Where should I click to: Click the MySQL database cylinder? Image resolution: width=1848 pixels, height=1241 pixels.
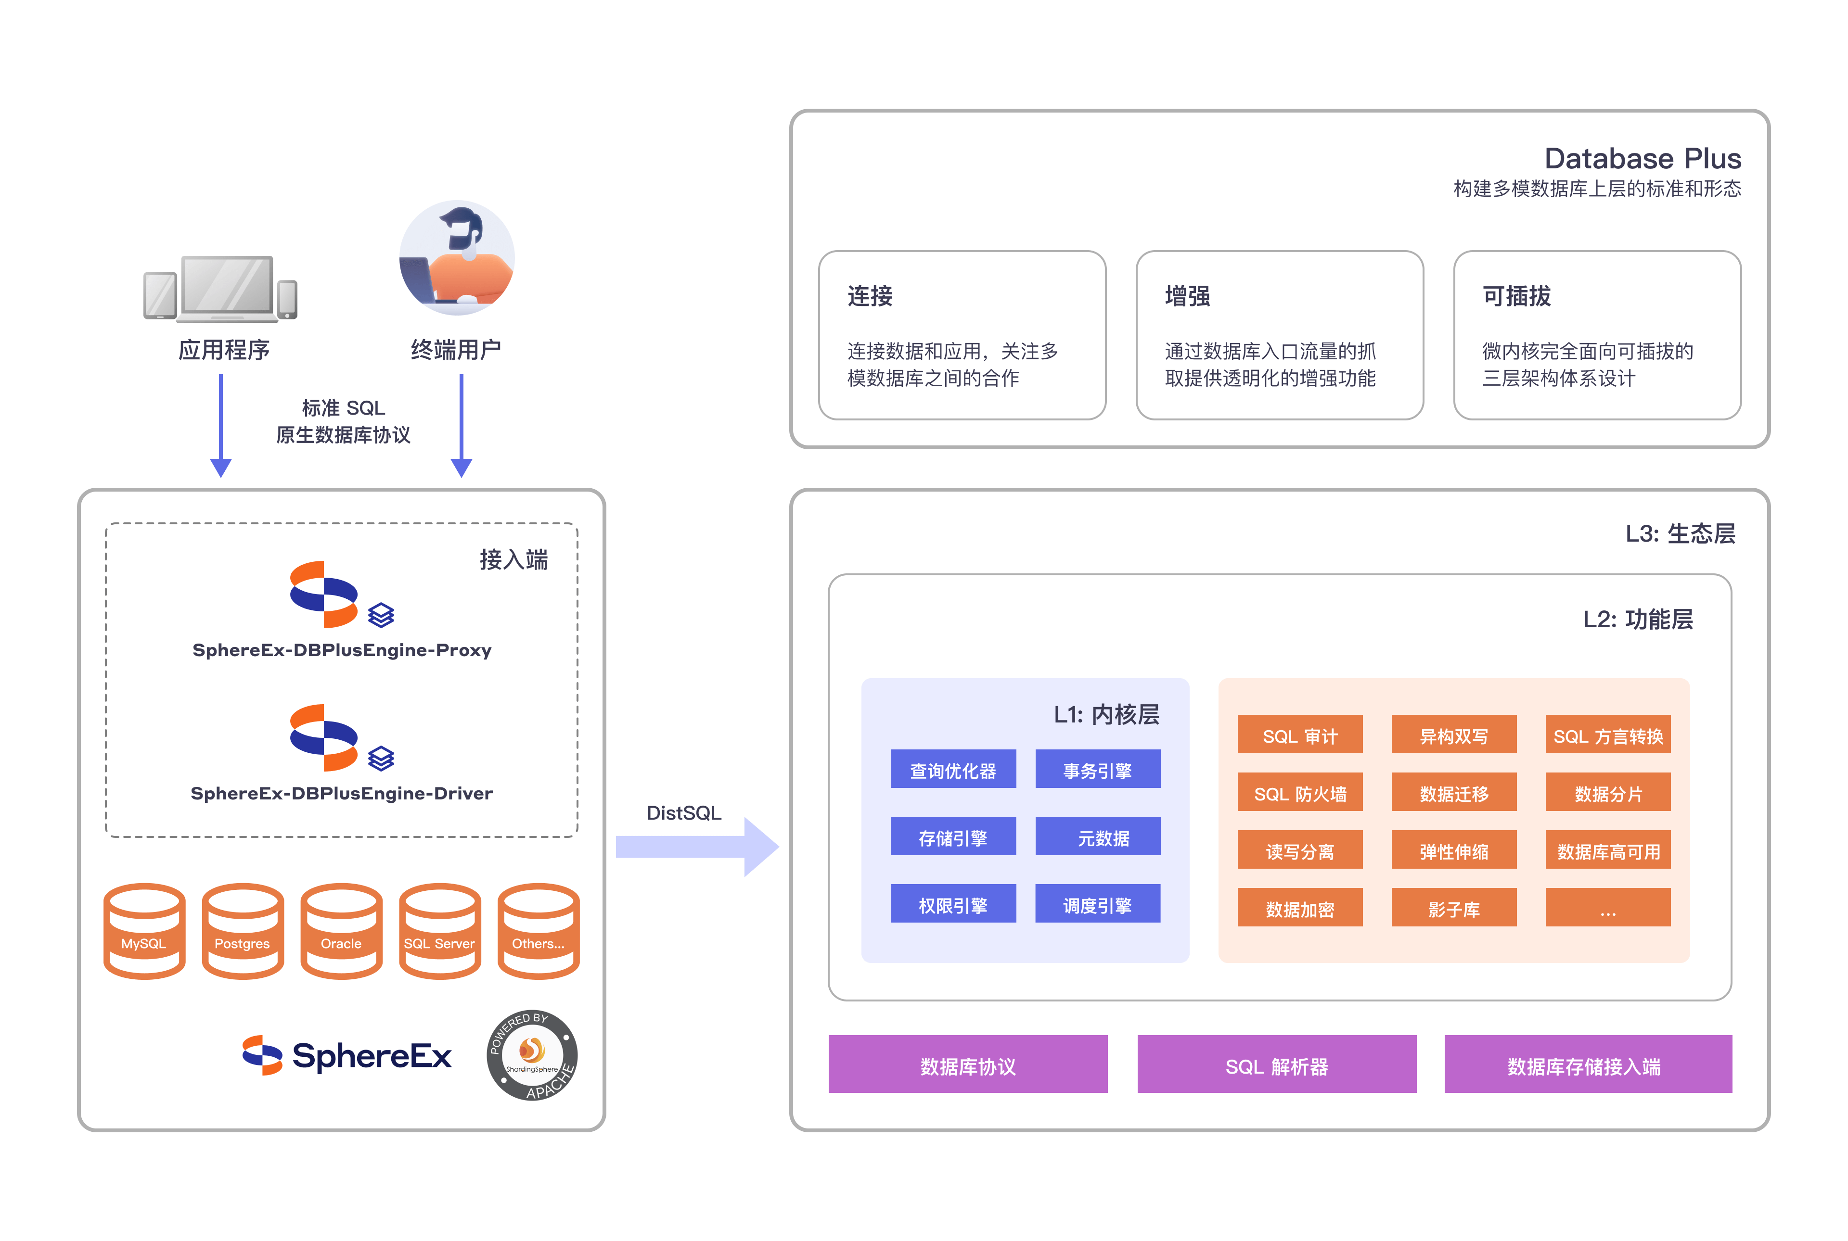click(x=144, y=932)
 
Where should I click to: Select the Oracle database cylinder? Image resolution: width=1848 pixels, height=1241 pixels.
click(x=341, y=932)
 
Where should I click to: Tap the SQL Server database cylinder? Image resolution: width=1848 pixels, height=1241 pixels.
click(x=439, y=932)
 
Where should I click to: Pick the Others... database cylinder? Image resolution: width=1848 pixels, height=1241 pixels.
click(x=539, y=932)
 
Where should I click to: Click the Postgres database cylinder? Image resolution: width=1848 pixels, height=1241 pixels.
click(x=242, y=932)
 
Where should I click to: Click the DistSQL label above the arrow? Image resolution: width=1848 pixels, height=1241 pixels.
click(x=684, y=813)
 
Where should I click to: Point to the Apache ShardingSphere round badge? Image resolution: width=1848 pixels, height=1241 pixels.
click(x=532, y=1055)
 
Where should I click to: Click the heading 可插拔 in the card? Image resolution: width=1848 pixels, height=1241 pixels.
click(x=1516, y=296)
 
